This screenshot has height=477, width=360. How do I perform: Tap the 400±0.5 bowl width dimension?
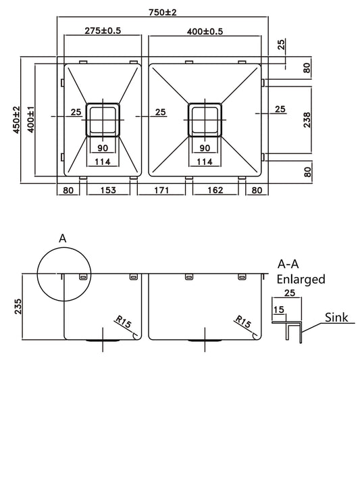click(x=205, y=31)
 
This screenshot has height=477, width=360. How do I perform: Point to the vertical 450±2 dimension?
click(x=8, y=120)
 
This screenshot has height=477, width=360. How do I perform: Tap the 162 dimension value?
click(x=213, y=191)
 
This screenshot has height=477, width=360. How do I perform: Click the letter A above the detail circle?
click(x=63, y=238)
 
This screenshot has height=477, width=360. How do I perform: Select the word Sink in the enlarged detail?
click(x=336, y=317)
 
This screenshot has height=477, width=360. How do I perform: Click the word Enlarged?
click(x=301, y=279)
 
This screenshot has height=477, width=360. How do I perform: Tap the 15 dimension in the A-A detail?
click(x=278, y=309)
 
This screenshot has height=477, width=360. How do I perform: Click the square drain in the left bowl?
click(x=103, y=120)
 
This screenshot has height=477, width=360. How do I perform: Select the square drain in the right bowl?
click(x=205, y=120)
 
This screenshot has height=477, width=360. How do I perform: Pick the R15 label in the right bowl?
click(x=242, y=322)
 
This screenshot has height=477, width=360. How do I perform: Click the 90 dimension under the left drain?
click(x=103, y=148)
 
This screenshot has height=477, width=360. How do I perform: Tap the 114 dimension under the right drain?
click(x=205, y=161)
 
